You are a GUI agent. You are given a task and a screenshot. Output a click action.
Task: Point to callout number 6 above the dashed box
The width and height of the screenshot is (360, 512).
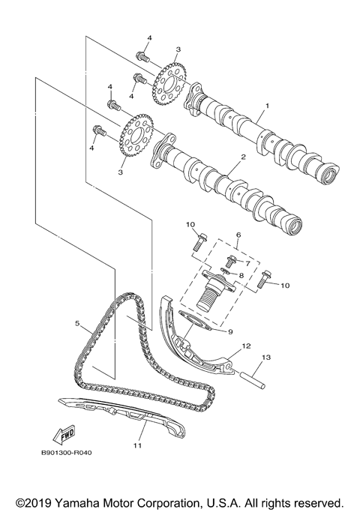[238, 235]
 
